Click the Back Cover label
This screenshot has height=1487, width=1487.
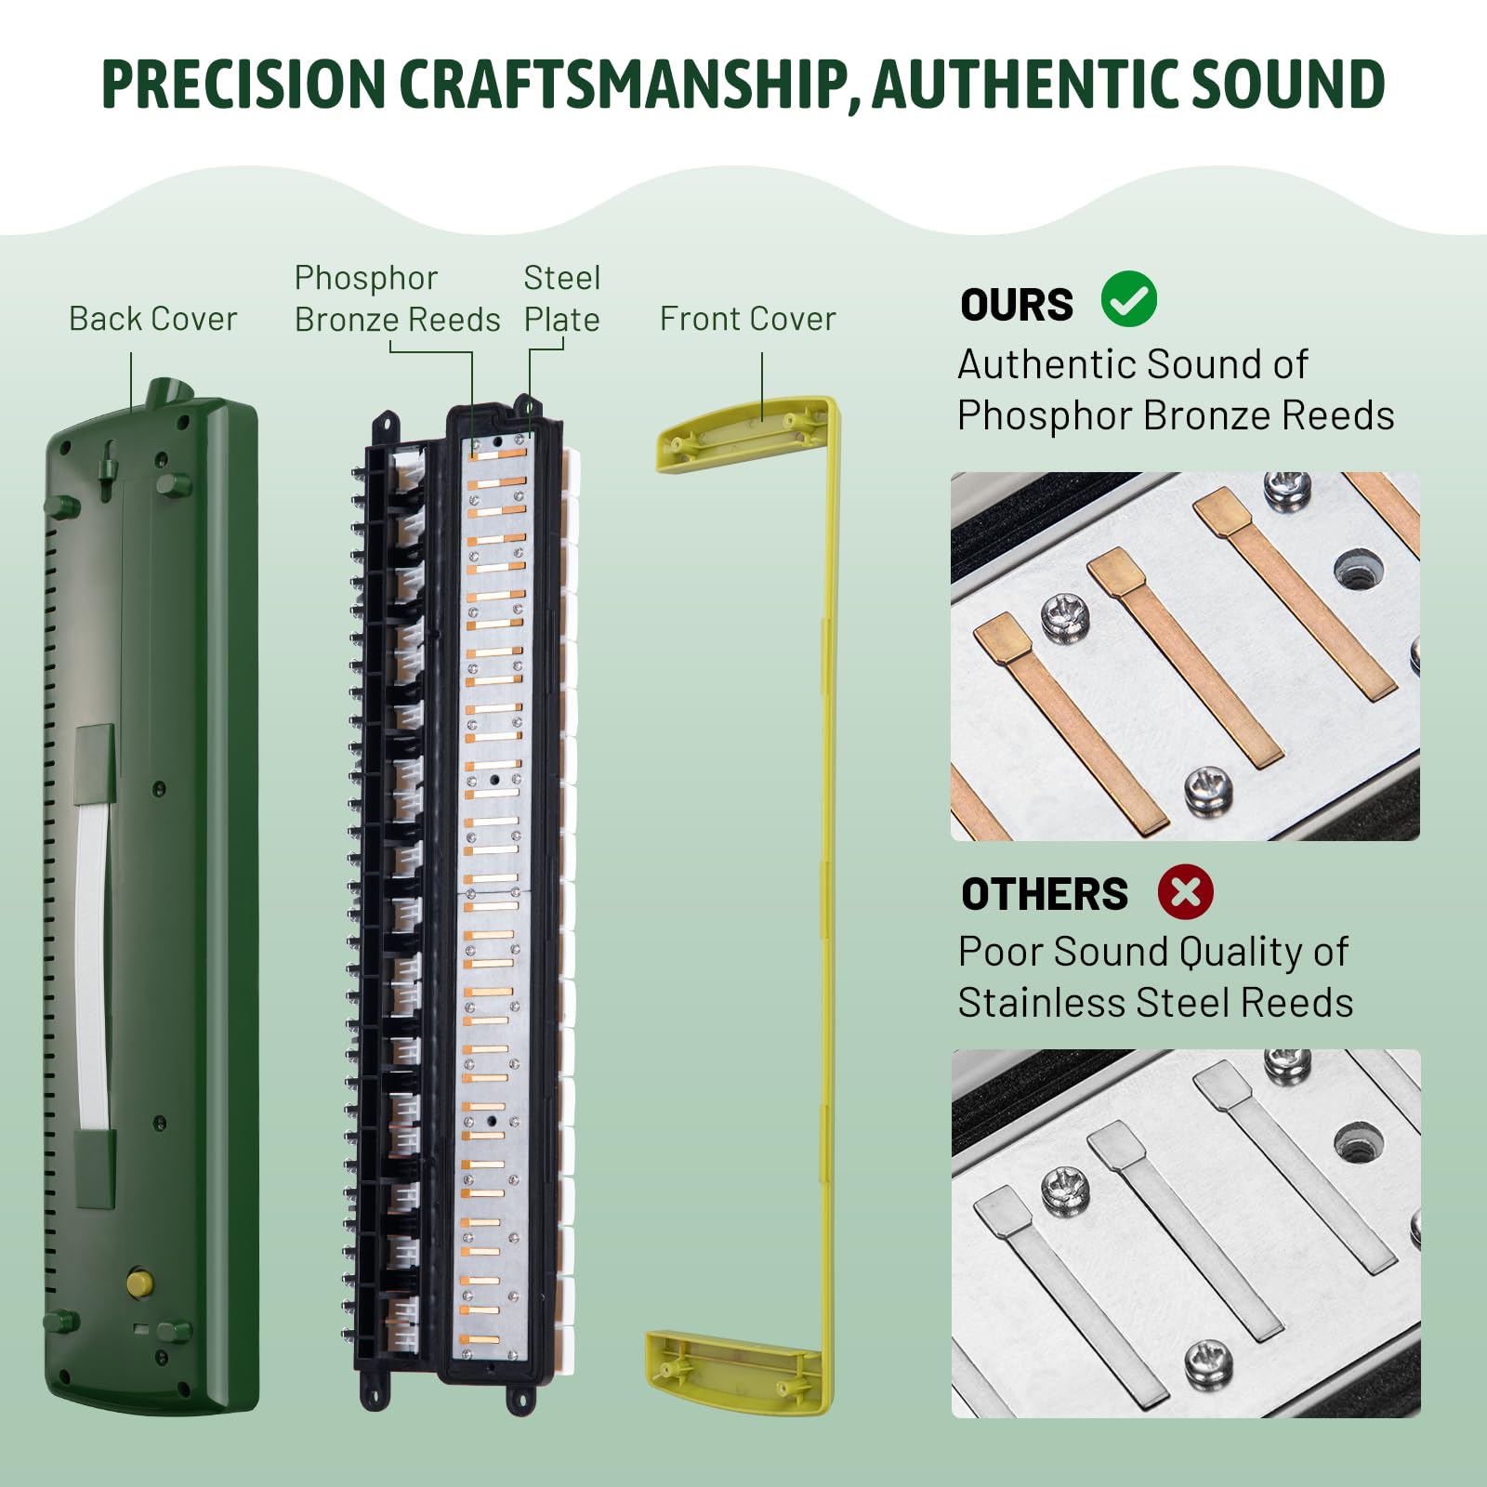(x=152, y=319)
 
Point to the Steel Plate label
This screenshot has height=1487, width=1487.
(x=561, y=298)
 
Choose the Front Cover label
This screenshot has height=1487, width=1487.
(x=747, y=319)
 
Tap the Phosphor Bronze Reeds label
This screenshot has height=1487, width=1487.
(x=397, y=298)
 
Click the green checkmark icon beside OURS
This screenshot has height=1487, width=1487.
(x=1128, y=299)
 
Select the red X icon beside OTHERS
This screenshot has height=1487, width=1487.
(x=1185, y=891)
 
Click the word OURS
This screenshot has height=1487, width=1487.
(x=1016, y=305)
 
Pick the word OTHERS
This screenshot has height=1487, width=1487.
(x=1044, y=894)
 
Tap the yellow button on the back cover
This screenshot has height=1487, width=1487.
(x=139, y=1283)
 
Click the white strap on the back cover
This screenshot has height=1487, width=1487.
(x=93, y=967)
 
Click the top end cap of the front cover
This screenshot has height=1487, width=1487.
(x=743, y=432)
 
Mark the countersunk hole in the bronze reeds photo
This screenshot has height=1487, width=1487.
(x=1358, y=569)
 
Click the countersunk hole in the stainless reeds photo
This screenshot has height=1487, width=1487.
(x=1358, y=1144)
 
